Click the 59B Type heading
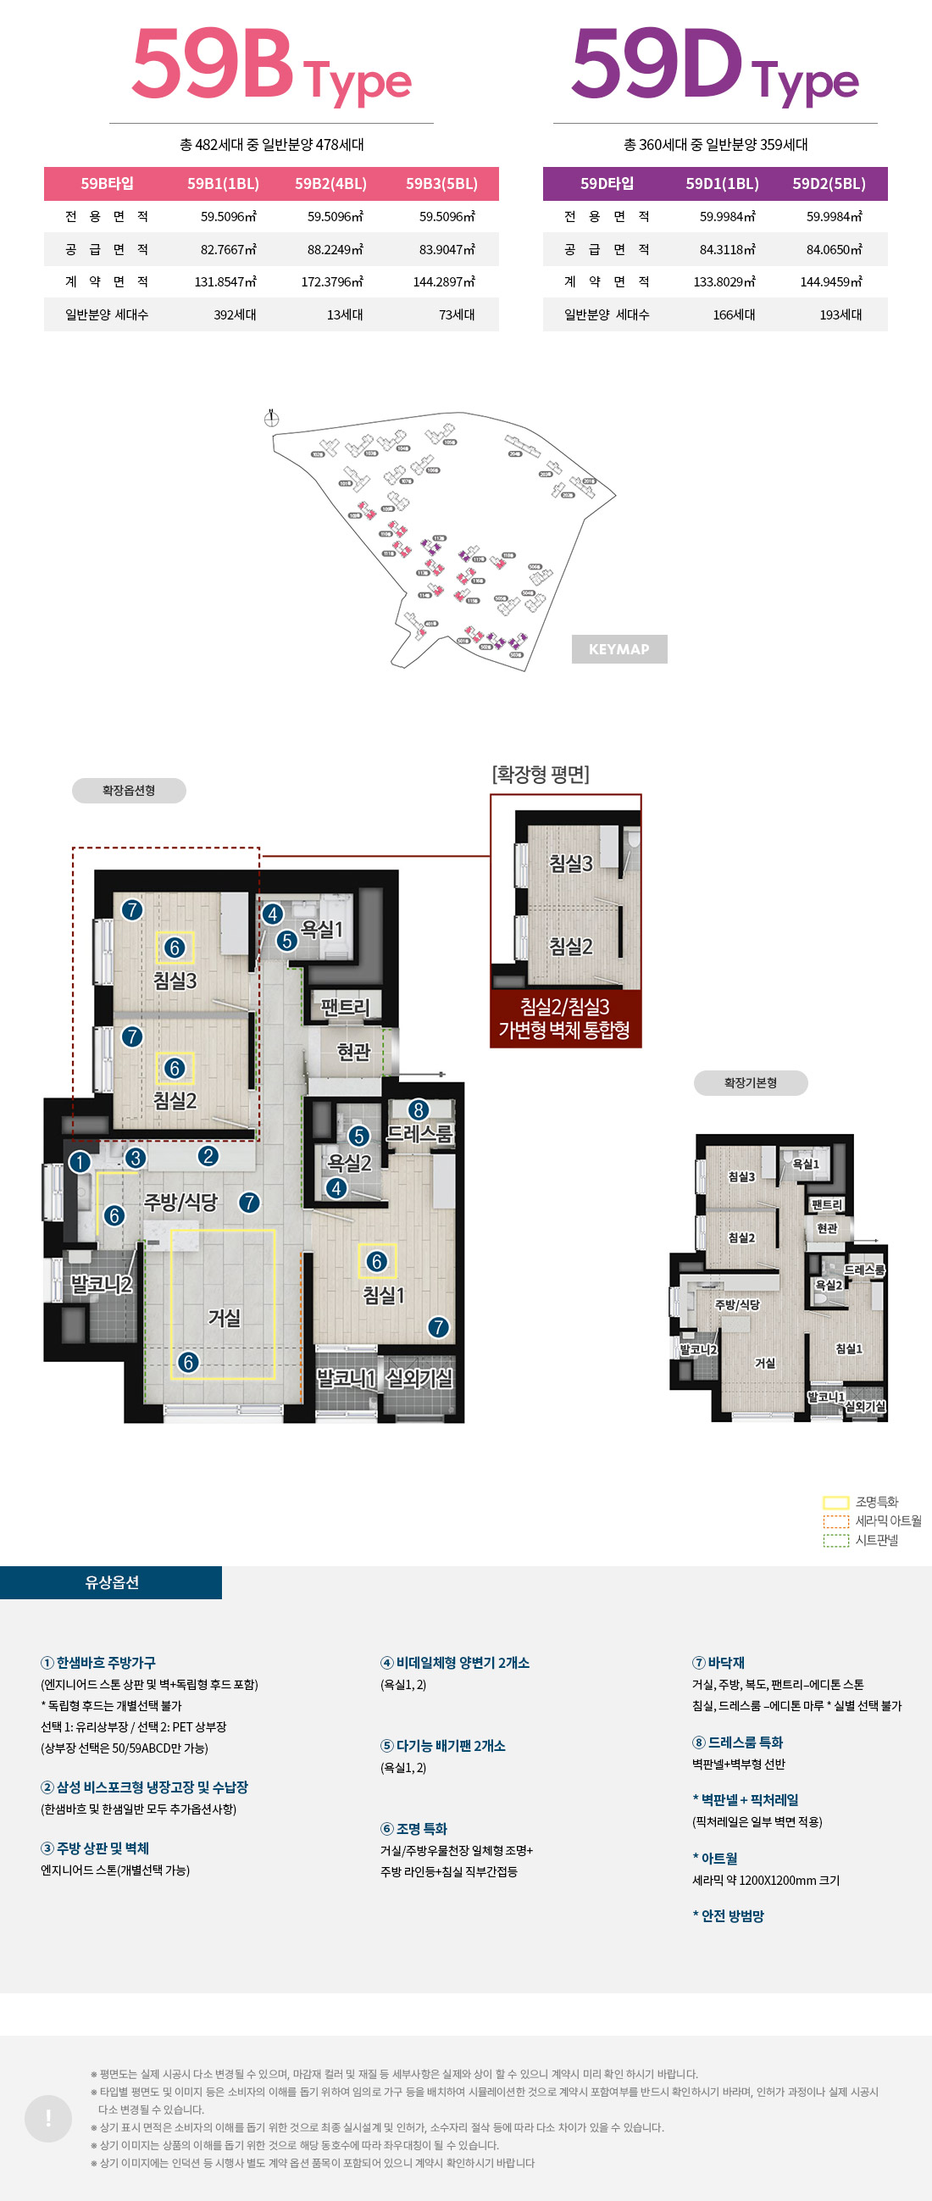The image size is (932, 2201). [271, 67]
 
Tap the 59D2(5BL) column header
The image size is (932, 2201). [828, 184]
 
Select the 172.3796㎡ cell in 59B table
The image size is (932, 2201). [331, 282]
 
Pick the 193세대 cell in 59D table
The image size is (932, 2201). [840, 315]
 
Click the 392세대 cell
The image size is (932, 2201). [235, 315]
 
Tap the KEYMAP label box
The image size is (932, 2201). [619, 649]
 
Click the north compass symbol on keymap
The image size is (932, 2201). [271, 418]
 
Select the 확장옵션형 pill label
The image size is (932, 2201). [129, 791]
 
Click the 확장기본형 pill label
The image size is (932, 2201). [750, 1082]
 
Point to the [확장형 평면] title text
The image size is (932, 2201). [540, 774]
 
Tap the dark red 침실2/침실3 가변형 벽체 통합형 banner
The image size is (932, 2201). [564, 1019]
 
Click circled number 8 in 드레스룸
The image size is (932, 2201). [418, 1110]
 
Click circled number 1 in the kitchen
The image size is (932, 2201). [80, 1162]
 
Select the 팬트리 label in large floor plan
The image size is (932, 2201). [345, 1007]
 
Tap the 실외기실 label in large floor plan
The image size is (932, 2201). [419, 1377]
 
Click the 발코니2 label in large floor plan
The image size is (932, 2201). [101, 1284]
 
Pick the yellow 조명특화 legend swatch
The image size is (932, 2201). [835, 1502]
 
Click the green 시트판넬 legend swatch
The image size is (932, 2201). [835, 1541]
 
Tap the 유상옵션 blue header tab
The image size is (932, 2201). [111, 1582]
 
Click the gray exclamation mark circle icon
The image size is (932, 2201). [47, 2118]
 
